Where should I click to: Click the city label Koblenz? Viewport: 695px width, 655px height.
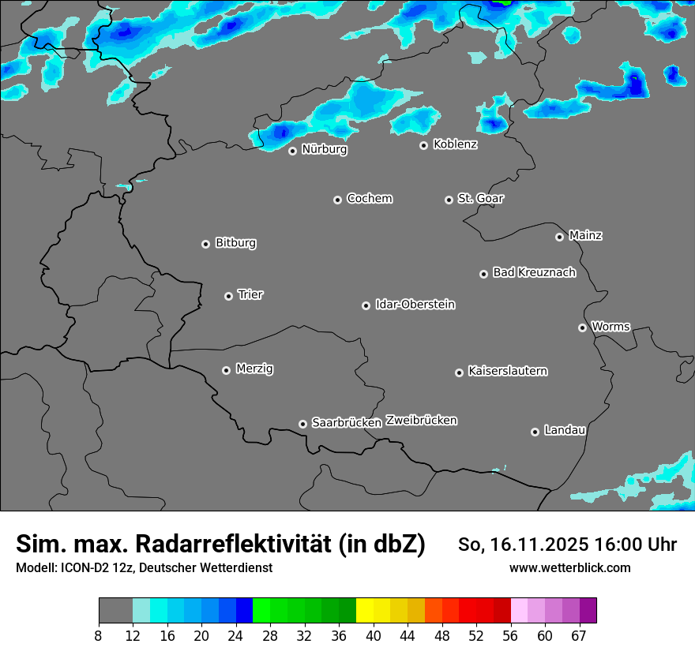click(x=455, y=144)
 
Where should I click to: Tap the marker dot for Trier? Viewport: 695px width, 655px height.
click(x=229, y=296)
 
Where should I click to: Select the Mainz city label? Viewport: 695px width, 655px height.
click(x=585, y=235)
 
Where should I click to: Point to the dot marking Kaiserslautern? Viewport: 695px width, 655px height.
click(x=459, y=372)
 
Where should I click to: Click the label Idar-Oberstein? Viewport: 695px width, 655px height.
click(x=415, y=305)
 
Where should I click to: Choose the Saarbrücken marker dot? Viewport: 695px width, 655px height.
click(x=302, y=424)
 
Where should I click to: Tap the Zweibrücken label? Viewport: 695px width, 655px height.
click(x=421, y=421)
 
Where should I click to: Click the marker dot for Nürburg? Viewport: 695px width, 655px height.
click(x=292, y=151)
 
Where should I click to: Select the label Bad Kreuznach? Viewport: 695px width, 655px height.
click(x=534, y=272)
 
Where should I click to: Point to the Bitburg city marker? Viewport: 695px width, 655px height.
click(x=205, y=244)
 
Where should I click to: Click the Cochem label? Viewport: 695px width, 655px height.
click(x=369, y=199)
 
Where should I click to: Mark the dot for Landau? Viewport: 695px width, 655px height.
click(x=535, y=432)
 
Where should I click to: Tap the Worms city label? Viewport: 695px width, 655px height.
click(x=610, y=327)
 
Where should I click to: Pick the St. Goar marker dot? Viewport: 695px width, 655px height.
click(x=449, y=200)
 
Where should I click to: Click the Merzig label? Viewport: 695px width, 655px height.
click(x=254, y=369)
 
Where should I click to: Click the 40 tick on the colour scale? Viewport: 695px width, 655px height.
click(x=374, y=636)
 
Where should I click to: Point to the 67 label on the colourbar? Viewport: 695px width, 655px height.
click(x=580, y=636)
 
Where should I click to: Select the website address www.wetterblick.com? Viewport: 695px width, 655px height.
click(x=569, y=568)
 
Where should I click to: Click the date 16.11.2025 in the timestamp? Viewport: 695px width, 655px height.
click(x=540, y=545)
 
